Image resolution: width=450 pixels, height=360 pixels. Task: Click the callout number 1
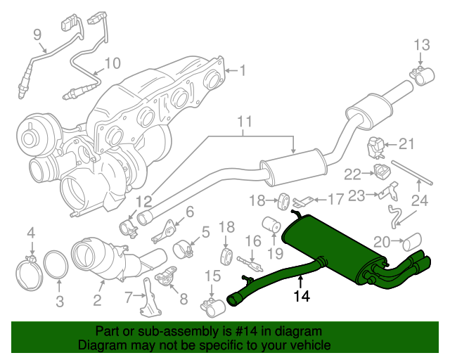(x=243, y=70)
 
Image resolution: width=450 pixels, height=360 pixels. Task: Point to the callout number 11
(x=243, y=123)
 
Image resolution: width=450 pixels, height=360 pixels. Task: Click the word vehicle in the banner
(x=308, y=346)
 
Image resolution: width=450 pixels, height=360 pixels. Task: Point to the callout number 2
(x=96, y=301)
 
